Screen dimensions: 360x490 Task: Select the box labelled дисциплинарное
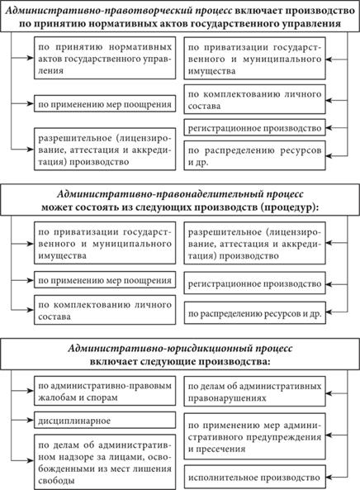point(105,421)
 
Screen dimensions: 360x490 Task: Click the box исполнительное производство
point(255,478)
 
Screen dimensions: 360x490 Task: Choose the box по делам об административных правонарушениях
point(255,392)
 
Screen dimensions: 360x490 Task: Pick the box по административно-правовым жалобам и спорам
point(105,391)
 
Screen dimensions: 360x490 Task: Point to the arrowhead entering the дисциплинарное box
point(31,420)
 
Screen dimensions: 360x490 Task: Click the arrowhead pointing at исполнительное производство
point(329,478)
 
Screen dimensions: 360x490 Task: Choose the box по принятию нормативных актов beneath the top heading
point(105,58)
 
